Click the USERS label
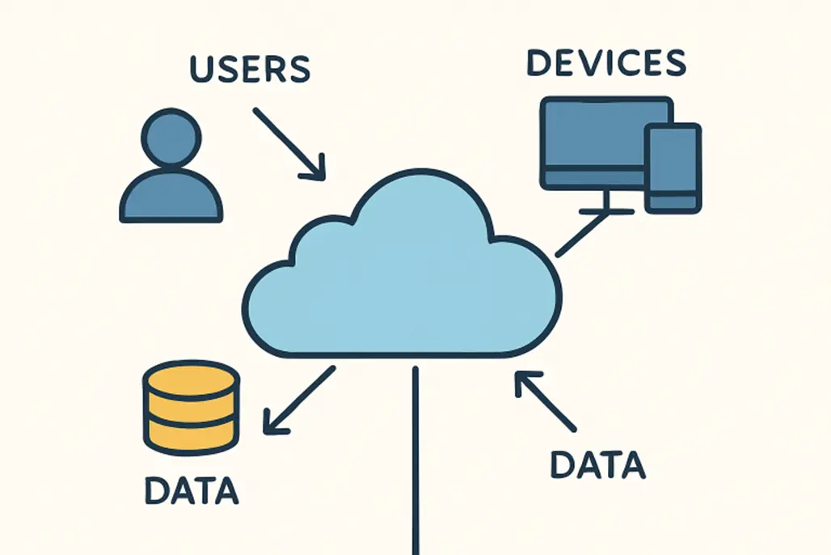pos(249,69)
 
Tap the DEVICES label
pos(605,63)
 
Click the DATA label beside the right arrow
pos(597,464)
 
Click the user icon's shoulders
pos(171,197)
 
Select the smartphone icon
pos(672,168)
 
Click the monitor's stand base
pos(605,211)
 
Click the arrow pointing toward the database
pos(298,400)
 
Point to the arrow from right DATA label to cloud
pos(546,400)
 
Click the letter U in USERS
pos(201,69)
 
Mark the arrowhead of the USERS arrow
pos(317,170)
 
